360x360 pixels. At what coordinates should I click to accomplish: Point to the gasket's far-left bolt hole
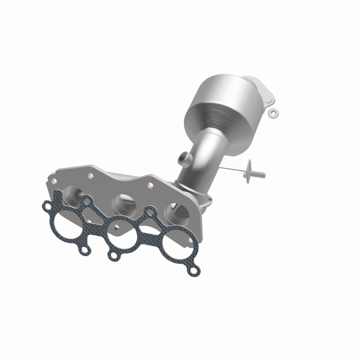pyautogui.click(x=47, y=206)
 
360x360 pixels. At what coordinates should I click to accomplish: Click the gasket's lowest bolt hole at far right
pyautogui.click(x=194, y=271)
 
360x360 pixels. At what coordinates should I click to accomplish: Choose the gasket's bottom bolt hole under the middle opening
pyautogui.click(x=112, y=256)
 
